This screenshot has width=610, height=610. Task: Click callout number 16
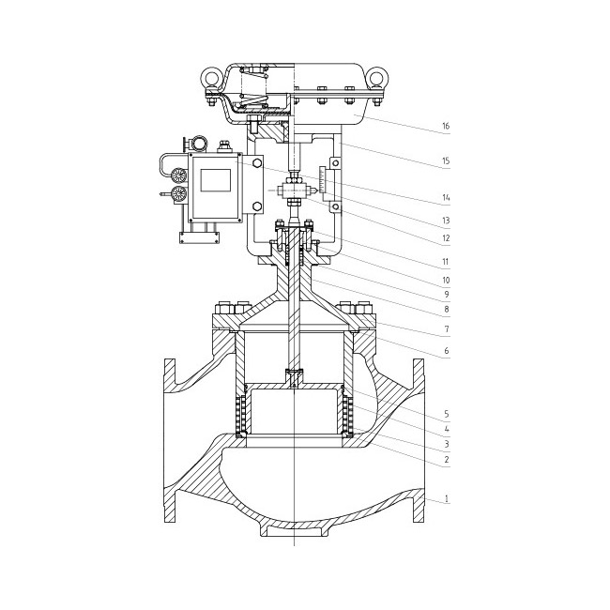tap(446, 126)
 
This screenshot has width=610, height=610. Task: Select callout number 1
tap(447, 498)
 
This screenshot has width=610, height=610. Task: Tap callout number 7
tap(447, 329)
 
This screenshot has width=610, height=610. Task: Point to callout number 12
tap(446, 237)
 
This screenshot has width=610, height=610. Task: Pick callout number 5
tap(447, 414)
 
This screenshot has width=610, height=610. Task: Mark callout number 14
tap(446, 198)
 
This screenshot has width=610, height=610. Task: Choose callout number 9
tap(447, 294)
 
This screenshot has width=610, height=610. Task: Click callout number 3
tap(447, 444)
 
